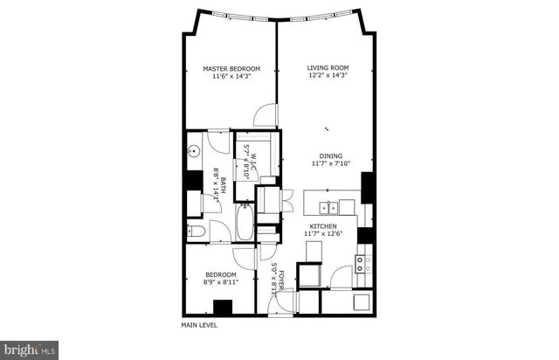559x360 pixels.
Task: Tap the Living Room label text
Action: (328, 67)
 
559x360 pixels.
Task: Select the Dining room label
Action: (331, 155)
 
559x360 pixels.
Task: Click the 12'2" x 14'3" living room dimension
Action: (328, 76)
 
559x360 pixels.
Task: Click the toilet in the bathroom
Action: (197, 232)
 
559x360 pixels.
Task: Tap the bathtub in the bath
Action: (244, 224)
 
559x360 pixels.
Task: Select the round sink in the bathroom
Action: (194, 151)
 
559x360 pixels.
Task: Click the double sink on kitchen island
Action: (329, 207)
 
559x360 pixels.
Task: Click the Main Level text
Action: (199, 325)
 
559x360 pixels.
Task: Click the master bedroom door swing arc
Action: (266, 116)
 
